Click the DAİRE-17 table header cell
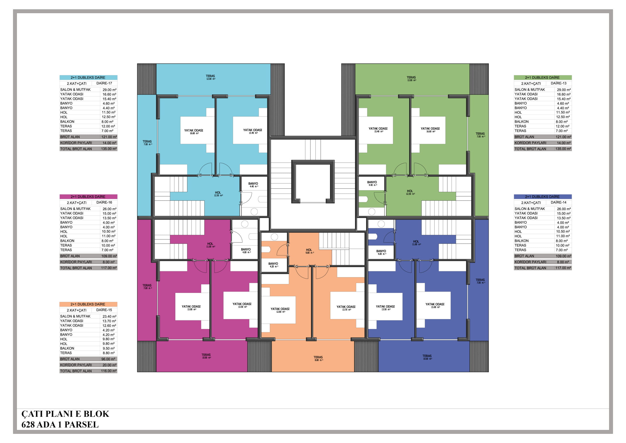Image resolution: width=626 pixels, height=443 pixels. (x=104, y=83)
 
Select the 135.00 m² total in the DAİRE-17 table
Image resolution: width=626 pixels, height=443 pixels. (x=109, y=149)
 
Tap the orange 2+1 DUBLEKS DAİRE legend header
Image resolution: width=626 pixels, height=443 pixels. (x=88, y=304)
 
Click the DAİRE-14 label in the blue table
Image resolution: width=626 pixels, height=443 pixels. (x=558, y=202)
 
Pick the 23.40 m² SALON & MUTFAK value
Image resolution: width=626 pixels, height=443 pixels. (x=109, y=317)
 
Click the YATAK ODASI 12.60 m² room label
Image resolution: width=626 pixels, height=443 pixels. (x=280, y=310)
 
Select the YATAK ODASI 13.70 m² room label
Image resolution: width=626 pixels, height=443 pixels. (x=346, y=308)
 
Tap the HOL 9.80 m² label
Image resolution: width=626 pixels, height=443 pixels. (x=309, y=251)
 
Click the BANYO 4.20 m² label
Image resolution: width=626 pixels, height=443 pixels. (x=273, y=265)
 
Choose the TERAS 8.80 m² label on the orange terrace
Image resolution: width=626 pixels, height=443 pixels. (x=318, y=358)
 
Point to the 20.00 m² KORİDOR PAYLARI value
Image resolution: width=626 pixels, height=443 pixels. (x=109, y=365)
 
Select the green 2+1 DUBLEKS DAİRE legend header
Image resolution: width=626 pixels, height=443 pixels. (x=543, y=78)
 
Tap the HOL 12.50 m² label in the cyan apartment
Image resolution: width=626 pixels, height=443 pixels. (x=218, y=194)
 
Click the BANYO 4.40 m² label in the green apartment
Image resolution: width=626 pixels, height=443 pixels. (x=372, y=183)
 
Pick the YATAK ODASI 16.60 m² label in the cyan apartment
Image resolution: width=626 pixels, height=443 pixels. (x=194, y=132)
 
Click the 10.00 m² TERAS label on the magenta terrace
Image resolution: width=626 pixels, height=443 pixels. (x=206, y=356)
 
